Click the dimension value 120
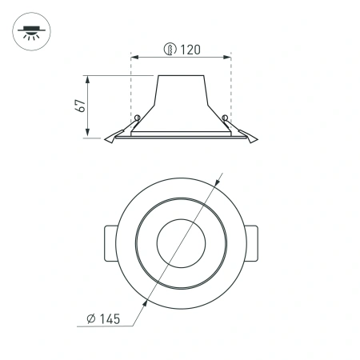[x=190, y=50]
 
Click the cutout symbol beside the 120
[x=170, y=50]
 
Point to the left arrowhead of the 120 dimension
[x=134, y=58]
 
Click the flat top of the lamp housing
[x=181, y=76]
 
